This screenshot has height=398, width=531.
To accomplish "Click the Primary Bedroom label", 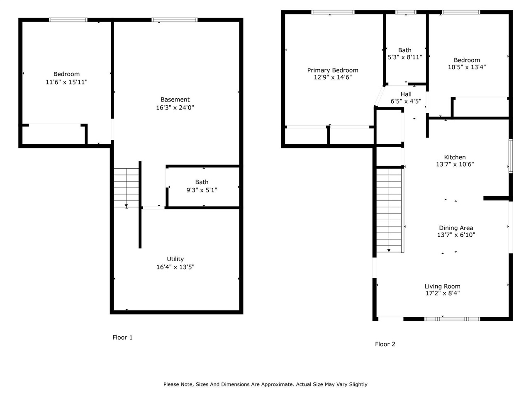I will tap(332, 70).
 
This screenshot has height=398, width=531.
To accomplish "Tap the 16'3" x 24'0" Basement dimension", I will tap(175, 107).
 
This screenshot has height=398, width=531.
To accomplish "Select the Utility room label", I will tap(175, 259).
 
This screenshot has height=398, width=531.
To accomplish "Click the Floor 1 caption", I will tap(122, 337).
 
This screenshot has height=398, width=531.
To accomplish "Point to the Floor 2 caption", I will tap(385, 344).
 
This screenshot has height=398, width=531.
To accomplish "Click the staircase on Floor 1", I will tap(127, 187).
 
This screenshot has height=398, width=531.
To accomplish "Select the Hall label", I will tap(406, 94).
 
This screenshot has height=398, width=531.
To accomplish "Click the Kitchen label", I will tap(455, 157).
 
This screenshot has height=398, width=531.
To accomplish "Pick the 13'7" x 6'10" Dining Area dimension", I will tap(456, 235).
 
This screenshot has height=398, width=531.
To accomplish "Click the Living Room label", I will tap(442, 286).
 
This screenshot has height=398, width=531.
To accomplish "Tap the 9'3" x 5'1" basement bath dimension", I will tap(202, 190).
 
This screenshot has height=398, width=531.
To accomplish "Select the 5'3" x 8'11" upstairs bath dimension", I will tap(404, 57).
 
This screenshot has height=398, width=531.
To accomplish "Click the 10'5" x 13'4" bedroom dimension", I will tap(467, 67).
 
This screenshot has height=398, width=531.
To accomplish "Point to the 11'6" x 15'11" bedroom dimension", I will tap(66, 82).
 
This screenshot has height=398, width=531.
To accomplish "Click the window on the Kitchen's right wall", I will tap(511, 156).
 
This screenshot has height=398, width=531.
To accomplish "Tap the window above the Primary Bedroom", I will tap(333, 12).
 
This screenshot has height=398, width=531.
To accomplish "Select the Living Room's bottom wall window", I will tap(452, 319).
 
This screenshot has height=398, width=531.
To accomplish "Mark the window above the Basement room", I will tap(175, 19).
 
